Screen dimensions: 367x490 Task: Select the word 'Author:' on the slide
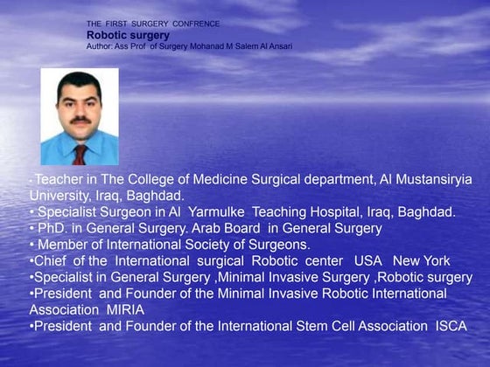tap(101, 45)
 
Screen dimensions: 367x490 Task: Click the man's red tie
tap(80, 155)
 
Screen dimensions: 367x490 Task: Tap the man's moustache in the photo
tap(79, 119)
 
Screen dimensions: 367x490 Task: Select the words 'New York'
tap(422, 261)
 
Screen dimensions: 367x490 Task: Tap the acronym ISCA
tap(451, 326)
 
